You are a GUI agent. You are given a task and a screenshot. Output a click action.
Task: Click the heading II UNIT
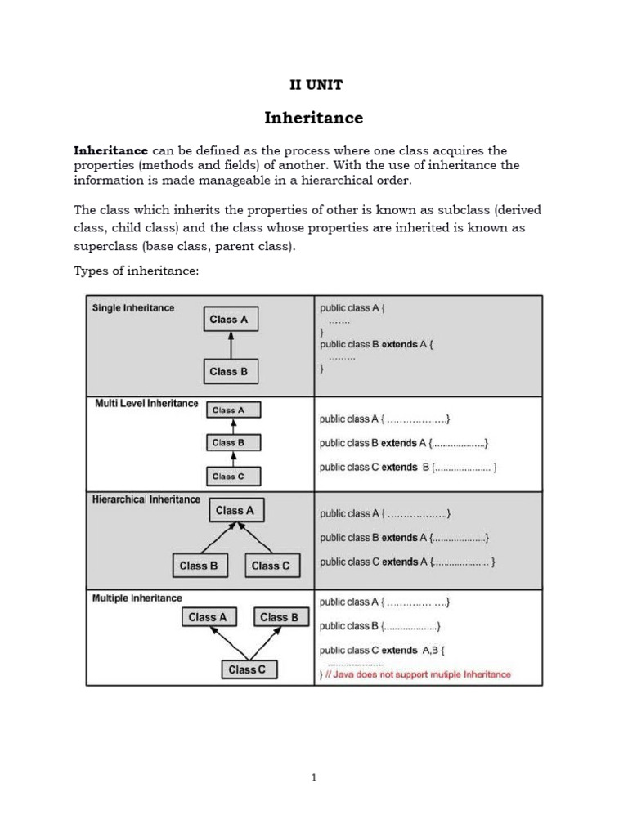(x=313, y=85)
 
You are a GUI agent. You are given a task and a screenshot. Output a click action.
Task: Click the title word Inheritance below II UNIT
(x=313, y=118)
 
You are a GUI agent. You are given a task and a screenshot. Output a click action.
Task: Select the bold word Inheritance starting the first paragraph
(x=111, y=150)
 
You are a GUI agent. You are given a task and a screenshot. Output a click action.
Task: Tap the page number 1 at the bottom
(x=313, y=777)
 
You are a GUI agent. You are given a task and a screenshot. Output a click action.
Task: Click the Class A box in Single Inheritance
(x=230, y=320)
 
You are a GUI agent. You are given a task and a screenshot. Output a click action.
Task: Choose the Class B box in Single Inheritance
(x=230, y=371)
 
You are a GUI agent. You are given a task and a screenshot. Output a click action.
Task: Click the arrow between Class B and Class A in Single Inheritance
(x=230, y=345)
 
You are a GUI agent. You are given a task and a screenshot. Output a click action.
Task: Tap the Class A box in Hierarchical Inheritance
(x=235, y=510)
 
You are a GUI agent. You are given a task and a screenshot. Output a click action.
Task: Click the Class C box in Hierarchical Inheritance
(x=271, y=566)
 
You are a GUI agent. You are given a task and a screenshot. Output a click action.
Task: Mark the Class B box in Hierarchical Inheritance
(x=199, y=566)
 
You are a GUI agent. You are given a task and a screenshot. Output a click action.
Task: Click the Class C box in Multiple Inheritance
(x=247, y=670)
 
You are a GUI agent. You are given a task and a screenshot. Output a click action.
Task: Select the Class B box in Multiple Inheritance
(x=280, y=617)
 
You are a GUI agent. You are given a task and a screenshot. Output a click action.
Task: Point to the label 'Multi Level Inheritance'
(x=146, y=404)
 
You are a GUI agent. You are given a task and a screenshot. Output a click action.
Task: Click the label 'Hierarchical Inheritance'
(x=146, y=499)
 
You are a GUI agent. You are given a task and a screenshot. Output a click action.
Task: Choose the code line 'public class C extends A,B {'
(x=382, y=651)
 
